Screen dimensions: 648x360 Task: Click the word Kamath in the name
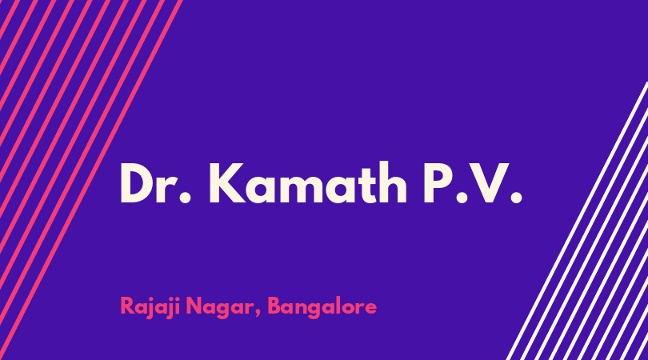308,182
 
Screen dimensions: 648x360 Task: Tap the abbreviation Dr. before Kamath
156,183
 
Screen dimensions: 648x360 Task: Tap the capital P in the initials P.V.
438,183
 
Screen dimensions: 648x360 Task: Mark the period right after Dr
186,198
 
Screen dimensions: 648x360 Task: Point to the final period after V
516,198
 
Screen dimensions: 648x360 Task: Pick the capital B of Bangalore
274,306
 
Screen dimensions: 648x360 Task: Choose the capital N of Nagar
194,306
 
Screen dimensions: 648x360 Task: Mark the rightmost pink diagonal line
90,180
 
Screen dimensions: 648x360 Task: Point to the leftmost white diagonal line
577,221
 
